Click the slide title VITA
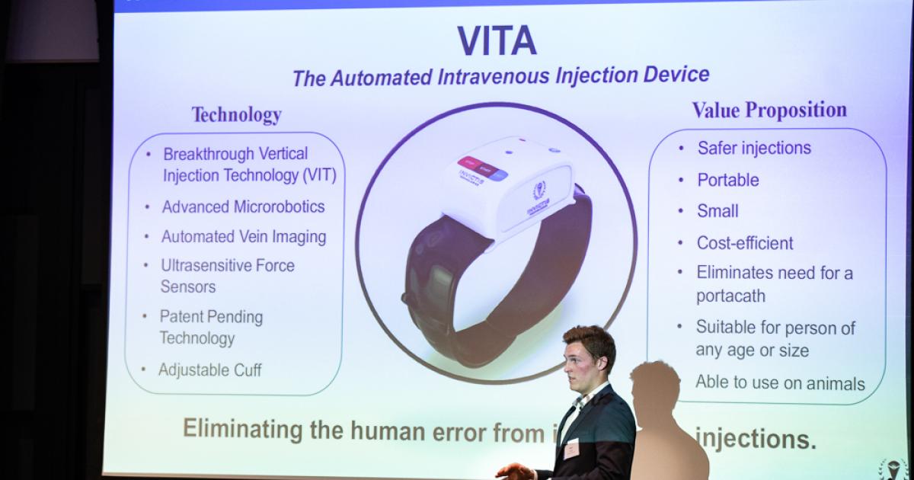(497, 41)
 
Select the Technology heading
(236, 115)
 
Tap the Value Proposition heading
(769, 110)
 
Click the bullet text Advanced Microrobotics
(243, 206)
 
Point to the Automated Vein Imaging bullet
(243, 237)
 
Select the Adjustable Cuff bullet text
(209, 370)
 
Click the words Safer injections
(754, 148)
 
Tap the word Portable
(728, 181)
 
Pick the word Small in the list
(717, 211)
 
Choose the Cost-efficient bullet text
(745, 243)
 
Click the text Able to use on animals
(780, 383)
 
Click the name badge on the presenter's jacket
(571, 449)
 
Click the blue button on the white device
(499, 175)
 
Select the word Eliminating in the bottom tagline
(243, 430)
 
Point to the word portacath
(730, 296)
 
